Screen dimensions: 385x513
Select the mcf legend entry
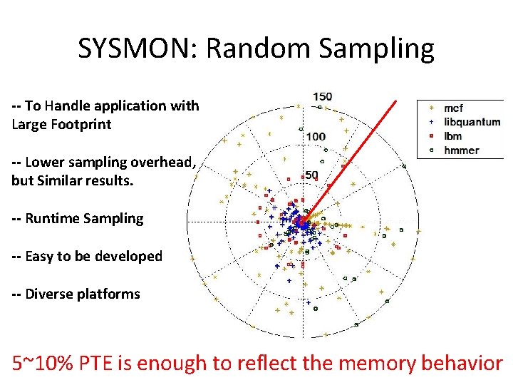[453, 108]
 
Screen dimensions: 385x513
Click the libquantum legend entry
[472, 122]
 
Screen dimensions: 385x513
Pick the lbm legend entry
[452, 136]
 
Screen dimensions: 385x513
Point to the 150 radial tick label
[322, 96]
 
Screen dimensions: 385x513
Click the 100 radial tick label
[316, 136]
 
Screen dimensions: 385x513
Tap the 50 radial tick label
[311, 175]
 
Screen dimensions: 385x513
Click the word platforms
[110, 294]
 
